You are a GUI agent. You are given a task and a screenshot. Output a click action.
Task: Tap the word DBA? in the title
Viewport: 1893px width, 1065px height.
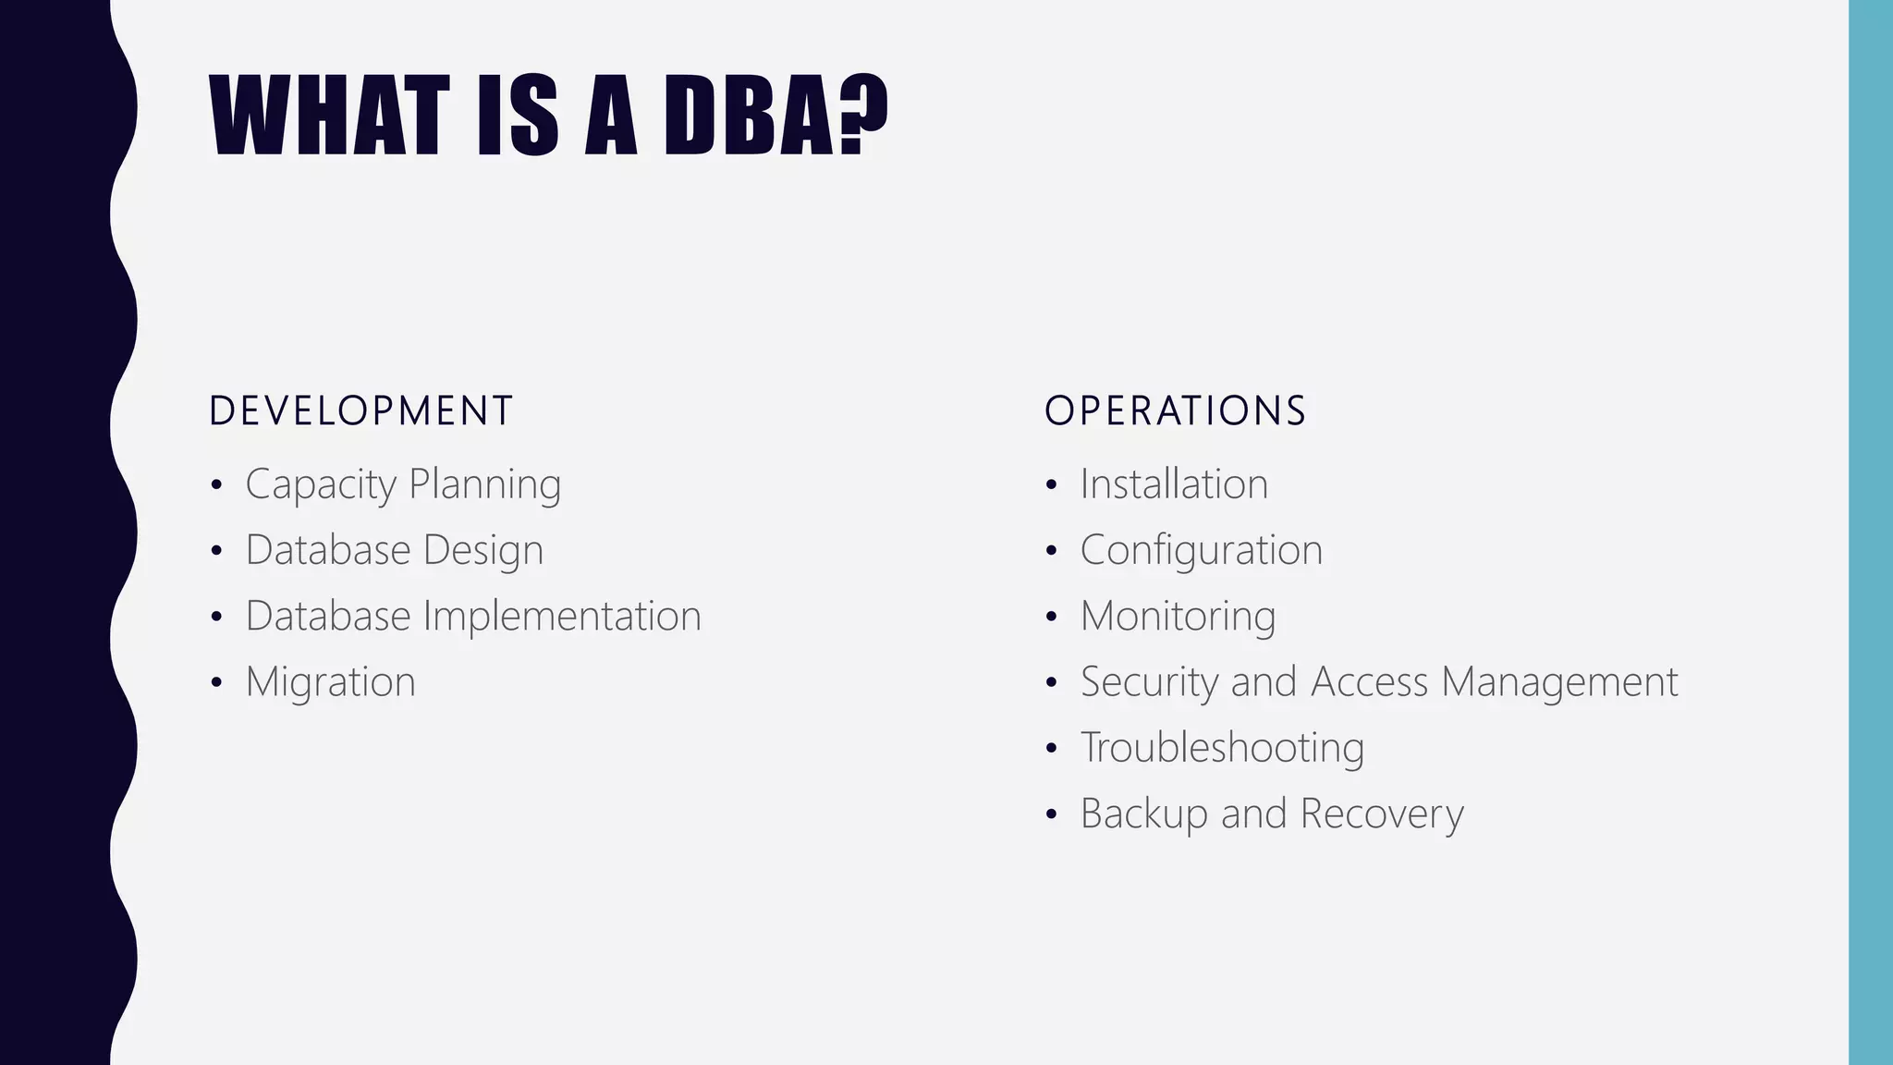pyautogui.click(x=775, y=116)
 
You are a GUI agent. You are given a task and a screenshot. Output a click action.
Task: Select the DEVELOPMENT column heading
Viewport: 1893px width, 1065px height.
pyautogui.click(x=360, y=411)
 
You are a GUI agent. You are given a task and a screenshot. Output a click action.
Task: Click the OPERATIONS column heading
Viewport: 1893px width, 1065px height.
pyautogui.click(x=1175, y=411)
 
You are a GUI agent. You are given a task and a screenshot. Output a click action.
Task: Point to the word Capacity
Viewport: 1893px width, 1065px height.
pyautogui.click(x=320, y=484)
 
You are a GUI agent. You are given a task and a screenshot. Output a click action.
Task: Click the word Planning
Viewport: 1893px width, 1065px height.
pyautogui.click(x=484, y=484)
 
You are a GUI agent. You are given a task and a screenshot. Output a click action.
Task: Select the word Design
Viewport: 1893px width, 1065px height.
pyautogui.click(x=483, y=551)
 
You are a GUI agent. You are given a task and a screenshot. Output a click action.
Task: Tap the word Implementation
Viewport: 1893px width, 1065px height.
pyautogui.click(x=562, y=617)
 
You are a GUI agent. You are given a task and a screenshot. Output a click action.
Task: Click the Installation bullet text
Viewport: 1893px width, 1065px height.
pyautogui.click(x=1174, y=484)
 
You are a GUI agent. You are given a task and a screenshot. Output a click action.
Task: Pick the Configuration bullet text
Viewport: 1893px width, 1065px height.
pyautogui.click(x=1201, y=550)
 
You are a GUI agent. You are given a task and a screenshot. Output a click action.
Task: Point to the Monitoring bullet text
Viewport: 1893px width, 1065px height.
pyautogui.click(x=1178, y=617)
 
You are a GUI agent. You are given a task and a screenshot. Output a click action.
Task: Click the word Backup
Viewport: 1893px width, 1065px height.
pyautogui.click(x=1143, y=814)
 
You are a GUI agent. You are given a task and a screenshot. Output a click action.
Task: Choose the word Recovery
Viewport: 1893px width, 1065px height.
pyautogui.click(x=1382, y=814)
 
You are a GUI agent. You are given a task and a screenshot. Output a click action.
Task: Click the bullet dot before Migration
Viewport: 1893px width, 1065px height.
pyautogui.click(x=216, y=683)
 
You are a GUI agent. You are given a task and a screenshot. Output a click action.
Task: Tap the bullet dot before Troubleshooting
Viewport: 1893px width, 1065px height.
pyautogui.click(x=1051, y=749)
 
